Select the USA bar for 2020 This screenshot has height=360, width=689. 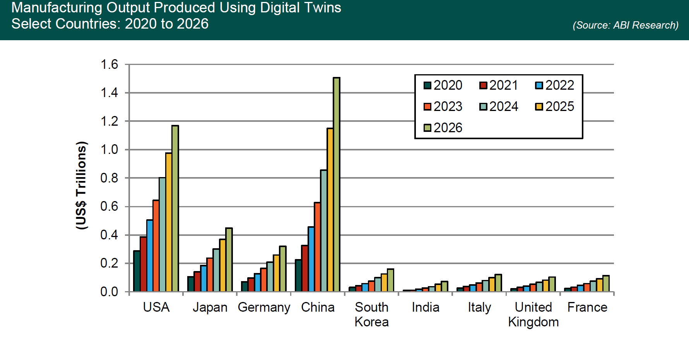[x=137, y=271]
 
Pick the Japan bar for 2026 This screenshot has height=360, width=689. [x=229, y=259]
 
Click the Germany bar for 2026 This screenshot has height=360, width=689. [x=283, y=269]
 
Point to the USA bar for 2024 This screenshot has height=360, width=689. [x=162, y=235]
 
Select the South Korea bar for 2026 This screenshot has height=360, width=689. [x=390, y=280]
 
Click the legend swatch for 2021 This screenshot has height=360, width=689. [x=483, y=85]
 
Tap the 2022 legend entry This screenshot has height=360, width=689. [x=555, y=85]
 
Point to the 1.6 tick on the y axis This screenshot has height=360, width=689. [x=109, y=65]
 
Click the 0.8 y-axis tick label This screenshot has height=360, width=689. [x=109, y=178]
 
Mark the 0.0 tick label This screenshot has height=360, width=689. [x=109, y=292]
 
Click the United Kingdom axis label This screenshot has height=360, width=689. [x=533, y=314]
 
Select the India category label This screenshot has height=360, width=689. [x=426, y=307]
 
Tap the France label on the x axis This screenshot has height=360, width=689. [x=587, y=307]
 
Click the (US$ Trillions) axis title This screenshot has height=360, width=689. [x=81, y=186]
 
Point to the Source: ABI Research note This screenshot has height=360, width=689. [x=625, y=26]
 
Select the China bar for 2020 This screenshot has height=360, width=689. [x=298, y=275]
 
